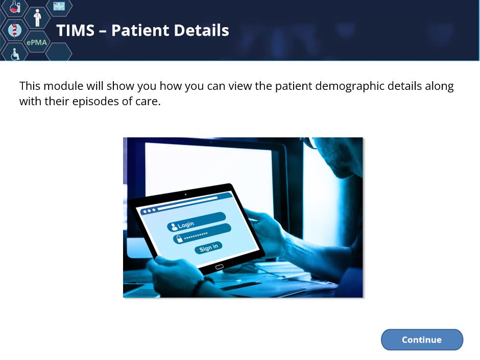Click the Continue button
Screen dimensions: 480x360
[x=422, y=340]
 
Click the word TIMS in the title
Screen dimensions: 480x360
[x=76, y=30]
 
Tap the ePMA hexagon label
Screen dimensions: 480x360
[x=37, y=42]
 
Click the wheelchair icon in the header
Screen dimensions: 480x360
[x=15, y=54]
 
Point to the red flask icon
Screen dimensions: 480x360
[x=14, y=7]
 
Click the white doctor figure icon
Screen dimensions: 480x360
[x=37, y=18]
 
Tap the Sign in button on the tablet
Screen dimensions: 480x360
[x=208, y=247]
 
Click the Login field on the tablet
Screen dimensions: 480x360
[x=197, y=222]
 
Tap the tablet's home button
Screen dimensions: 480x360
[x=219, y=267]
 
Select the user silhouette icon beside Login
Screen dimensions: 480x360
[x=174, y=227]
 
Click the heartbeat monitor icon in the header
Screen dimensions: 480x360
[x=59, y=6]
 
